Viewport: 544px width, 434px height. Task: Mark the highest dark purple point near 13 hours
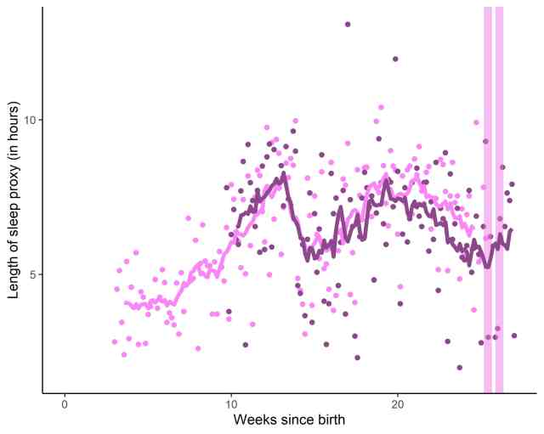tap(348, 24)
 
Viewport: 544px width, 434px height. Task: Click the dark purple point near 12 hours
tap(395, 59)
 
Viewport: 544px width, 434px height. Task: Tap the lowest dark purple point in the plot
tap(460, 368)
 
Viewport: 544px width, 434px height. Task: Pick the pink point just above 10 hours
tap(381, 107)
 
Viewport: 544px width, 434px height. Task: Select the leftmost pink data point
tap(114, 341)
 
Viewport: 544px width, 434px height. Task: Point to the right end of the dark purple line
tap(510, 230)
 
